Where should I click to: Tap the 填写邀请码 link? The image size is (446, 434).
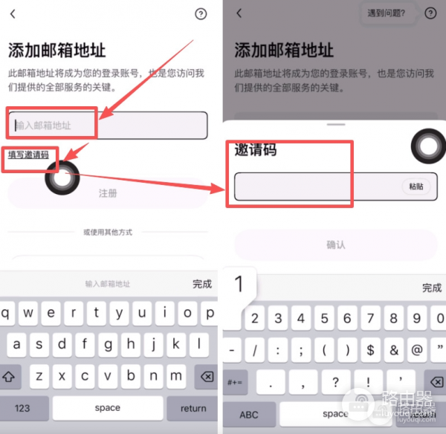28,155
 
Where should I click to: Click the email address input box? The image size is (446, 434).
108,125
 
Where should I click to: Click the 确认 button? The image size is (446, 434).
336,244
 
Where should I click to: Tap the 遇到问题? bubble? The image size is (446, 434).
387,13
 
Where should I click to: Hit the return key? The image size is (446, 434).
193,408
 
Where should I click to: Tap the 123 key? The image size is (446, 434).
22,408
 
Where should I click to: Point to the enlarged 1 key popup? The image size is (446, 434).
239,284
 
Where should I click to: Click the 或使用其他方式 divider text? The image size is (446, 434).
108,233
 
